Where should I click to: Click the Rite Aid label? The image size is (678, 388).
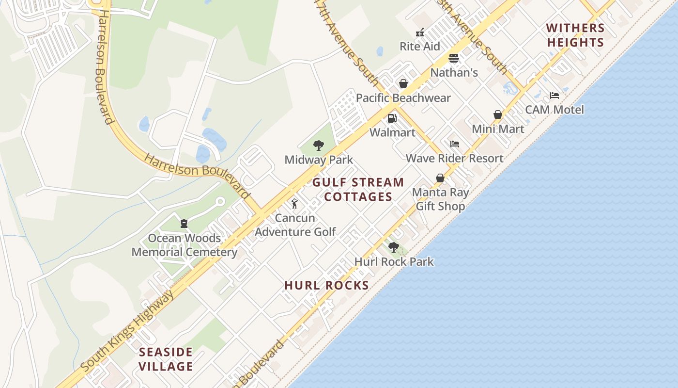click(419, 47)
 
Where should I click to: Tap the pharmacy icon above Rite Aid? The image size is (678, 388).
click(420, 32)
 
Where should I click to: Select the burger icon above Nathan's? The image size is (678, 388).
click(454, 59)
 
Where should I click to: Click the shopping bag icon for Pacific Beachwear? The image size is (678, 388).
click(403, 84)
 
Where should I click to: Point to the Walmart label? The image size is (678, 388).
click(393, 132)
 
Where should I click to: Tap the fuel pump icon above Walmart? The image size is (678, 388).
click(392, 118)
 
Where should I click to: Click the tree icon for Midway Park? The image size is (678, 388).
click(319, 145)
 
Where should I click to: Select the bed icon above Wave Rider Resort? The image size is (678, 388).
click(454, 144)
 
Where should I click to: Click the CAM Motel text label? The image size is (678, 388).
click(555, 110)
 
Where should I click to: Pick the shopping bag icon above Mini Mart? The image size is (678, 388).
click(498, 114)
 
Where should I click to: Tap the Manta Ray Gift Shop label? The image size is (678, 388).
click(440, 199)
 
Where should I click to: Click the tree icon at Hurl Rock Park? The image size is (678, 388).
click(394, 247)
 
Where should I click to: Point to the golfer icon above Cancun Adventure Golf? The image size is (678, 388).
click(294, 204)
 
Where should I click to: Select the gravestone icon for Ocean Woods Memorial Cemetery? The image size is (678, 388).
click(184, 224)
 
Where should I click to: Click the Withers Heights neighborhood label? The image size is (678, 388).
click(575, 35)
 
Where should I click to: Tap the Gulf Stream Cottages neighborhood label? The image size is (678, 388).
click(358, 190)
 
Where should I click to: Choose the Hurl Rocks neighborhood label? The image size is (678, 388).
click(327, 285)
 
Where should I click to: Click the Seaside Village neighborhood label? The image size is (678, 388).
click(166, 359)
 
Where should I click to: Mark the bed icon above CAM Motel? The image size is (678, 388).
click(555, 96)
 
